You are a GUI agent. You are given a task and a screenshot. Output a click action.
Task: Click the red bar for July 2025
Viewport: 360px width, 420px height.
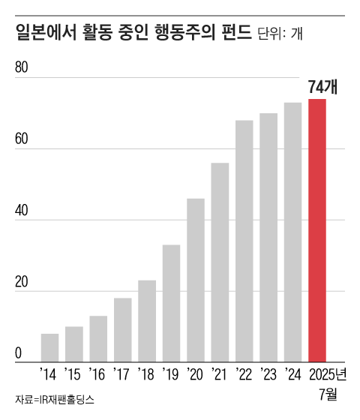pos(317,231)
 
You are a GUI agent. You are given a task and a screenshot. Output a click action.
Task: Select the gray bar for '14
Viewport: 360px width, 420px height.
pos(50,348)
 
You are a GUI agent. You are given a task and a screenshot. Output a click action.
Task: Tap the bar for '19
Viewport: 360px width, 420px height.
pos(171,304)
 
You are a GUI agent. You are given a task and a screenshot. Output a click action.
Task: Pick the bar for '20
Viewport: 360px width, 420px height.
pos(196,280)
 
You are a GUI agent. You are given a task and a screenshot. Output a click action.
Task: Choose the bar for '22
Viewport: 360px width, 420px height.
pos(244,241)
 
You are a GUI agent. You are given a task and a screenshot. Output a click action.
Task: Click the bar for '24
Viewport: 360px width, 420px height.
pos(293,232)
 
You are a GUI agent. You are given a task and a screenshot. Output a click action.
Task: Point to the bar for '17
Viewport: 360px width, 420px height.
pos(123,330)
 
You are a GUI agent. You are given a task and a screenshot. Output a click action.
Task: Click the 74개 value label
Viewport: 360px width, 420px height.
pos(323,86)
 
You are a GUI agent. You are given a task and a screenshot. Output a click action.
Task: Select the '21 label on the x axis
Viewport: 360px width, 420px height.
pos(220,373)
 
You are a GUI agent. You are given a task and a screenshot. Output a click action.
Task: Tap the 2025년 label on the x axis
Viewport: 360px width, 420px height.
pos(326,373)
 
